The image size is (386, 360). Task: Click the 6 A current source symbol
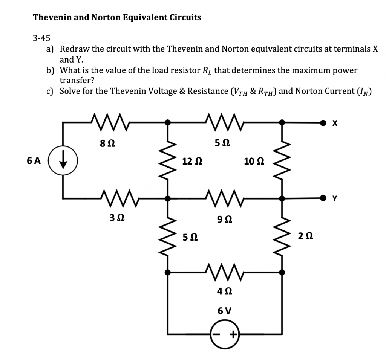pos(68,160)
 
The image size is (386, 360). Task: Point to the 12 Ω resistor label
pos(192,162)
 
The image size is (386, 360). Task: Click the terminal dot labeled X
pos(323,122)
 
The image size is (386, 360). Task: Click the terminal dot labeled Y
pos(323,197)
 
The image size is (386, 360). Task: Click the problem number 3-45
pos(41,38)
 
